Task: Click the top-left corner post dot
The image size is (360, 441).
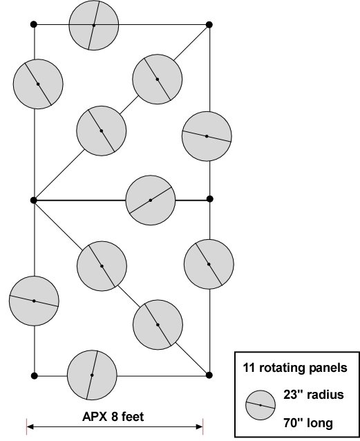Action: click(x=34, y=24)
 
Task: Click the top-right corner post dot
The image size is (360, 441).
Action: click(x=209, y=24)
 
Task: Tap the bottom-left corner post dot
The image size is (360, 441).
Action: click(x=35, y=375)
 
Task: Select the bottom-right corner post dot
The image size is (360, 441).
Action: click(x=209, y=375)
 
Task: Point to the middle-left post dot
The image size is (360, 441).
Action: click(x=34, y=200)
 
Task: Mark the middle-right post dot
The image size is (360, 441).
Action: click(x=209, y=199)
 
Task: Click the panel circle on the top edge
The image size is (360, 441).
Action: click(x=94, y=26)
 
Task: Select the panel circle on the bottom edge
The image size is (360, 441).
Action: click(x=92, y=375)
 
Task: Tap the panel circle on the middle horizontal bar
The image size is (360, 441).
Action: click(x=151, y=200)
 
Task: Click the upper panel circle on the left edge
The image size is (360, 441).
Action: click(x=38, y=84)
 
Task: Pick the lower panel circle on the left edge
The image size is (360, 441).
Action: click(x=34, y=301)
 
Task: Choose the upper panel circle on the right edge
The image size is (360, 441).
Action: click(x=207, y=136)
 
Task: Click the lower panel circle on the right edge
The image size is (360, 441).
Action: click(x=209, y=264)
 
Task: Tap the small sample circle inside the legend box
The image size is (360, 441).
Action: click(x=260, y=405)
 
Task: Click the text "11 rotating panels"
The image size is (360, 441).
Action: click(x=295, y=368)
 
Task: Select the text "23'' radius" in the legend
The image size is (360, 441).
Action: click(x=313, y=395)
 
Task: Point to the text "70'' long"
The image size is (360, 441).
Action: click(x=308, y=423)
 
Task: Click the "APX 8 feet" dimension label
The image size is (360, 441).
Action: click(x=113, y=416)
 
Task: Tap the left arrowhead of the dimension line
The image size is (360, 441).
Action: click(x=30, y=426)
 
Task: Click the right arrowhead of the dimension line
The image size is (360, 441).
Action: click(x=199, y=426)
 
